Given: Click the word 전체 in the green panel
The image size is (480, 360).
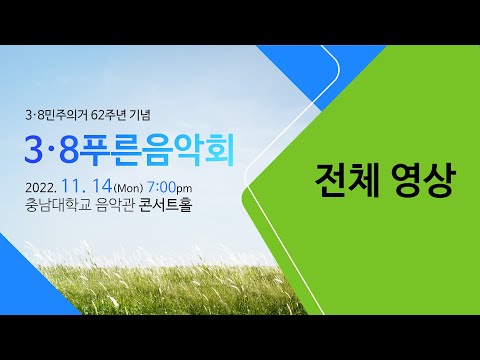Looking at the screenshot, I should coord(341,183).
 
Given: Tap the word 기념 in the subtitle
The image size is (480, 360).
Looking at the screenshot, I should coord(147,112).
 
